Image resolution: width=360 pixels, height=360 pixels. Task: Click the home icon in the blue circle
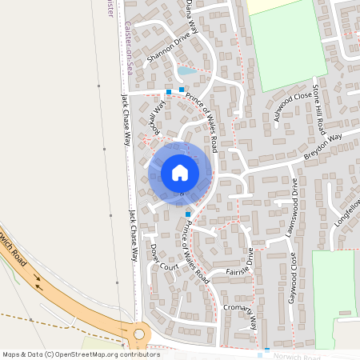(x=180, y=173)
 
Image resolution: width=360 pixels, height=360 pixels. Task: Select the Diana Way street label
(x=190, y=14)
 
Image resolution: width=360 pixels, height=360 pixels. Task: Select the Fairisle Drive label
(x=240, y=267)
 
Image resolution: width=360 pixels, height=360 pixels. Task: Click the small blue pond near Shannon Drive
(x=186, y=71)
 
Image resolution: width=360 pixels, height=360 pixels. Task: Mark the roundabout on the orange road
(x=140, y=330)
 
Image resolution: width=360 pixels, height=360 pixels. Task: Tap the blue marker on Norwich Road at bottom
(x=267, y=350)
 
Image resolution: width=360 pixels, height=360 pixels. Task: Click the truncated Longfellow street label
(x=349, y=212)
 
